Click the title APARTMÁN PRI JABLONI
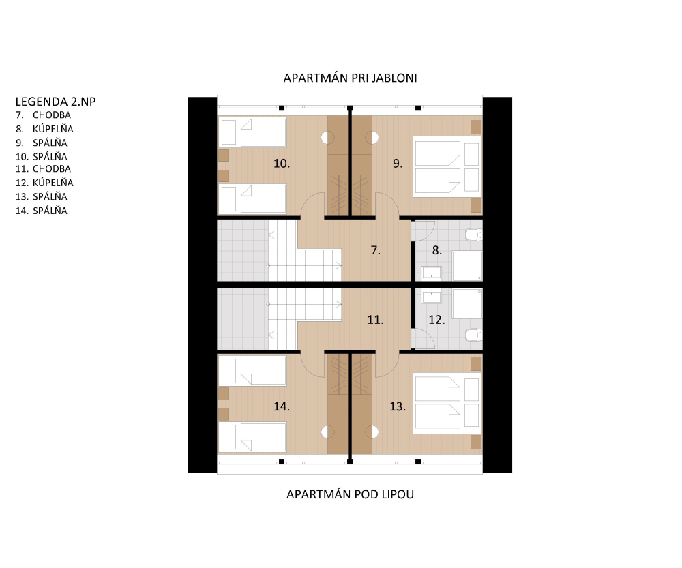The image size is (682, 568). [x=350, y=78]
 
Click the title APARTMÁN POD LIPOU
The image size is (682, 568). [x=350, y=494]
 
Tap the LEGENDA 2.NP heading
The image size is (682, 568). [x=56, y=102]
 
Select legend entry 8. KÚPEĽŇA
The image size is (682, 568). [x=45, y=129]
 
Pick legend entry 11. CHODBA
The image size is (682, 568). [x=43, y=168]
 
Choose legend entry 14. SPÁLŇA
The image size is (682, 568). [x=42, y=211]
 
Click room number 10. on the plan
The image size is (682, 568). [x=282, y=164]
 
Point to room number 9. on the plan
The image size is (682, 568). [x=398, y=164]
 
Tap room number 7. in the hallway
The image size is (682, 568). [x=375, y=250]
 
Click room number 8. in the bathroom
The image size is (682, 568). [x=436, y=250]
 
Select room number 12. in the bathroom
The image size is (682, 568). [x=436, y=320]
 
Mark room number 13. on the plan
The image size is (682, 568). [x=398, y=406]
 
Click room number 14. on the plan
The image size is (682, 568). [x=282, y=406]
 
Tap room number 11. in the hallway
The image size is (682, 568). [x=375, y=320]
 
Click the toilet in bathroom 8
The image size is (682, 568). [x=474, y=235]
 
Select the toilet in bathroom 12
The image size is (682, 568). [x=474, y=335]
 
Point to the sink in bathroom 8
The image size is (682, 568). [x=431, y=273]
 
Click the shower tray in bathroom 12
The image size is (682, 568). [x=468, y=303]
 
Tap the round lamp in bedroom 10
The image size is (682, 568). [x=327, y=138]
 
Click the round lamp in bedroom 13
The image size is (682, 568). [x=372, y=432]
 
